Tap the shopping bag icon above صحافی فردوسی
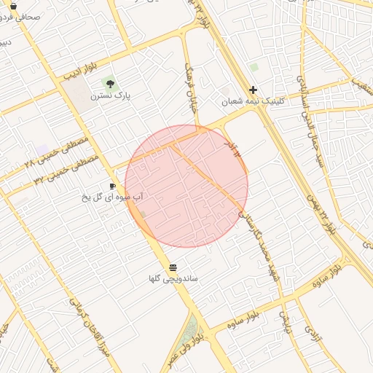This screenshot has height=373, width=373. coord(13,5)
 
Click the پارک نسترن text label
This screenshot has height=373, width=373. coord(106,95)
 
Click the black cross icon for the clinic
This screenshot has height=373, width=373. coord(253,90)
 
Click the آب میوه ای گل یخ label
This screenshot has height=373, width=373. coord(113,197)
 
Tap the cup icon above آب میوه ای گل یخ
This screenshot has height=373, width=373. coord(112,186)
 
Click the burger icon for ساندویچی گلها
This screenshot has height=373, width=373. coord(173,267)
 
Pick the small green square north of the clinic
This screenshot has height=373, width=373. coord(254,67)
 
